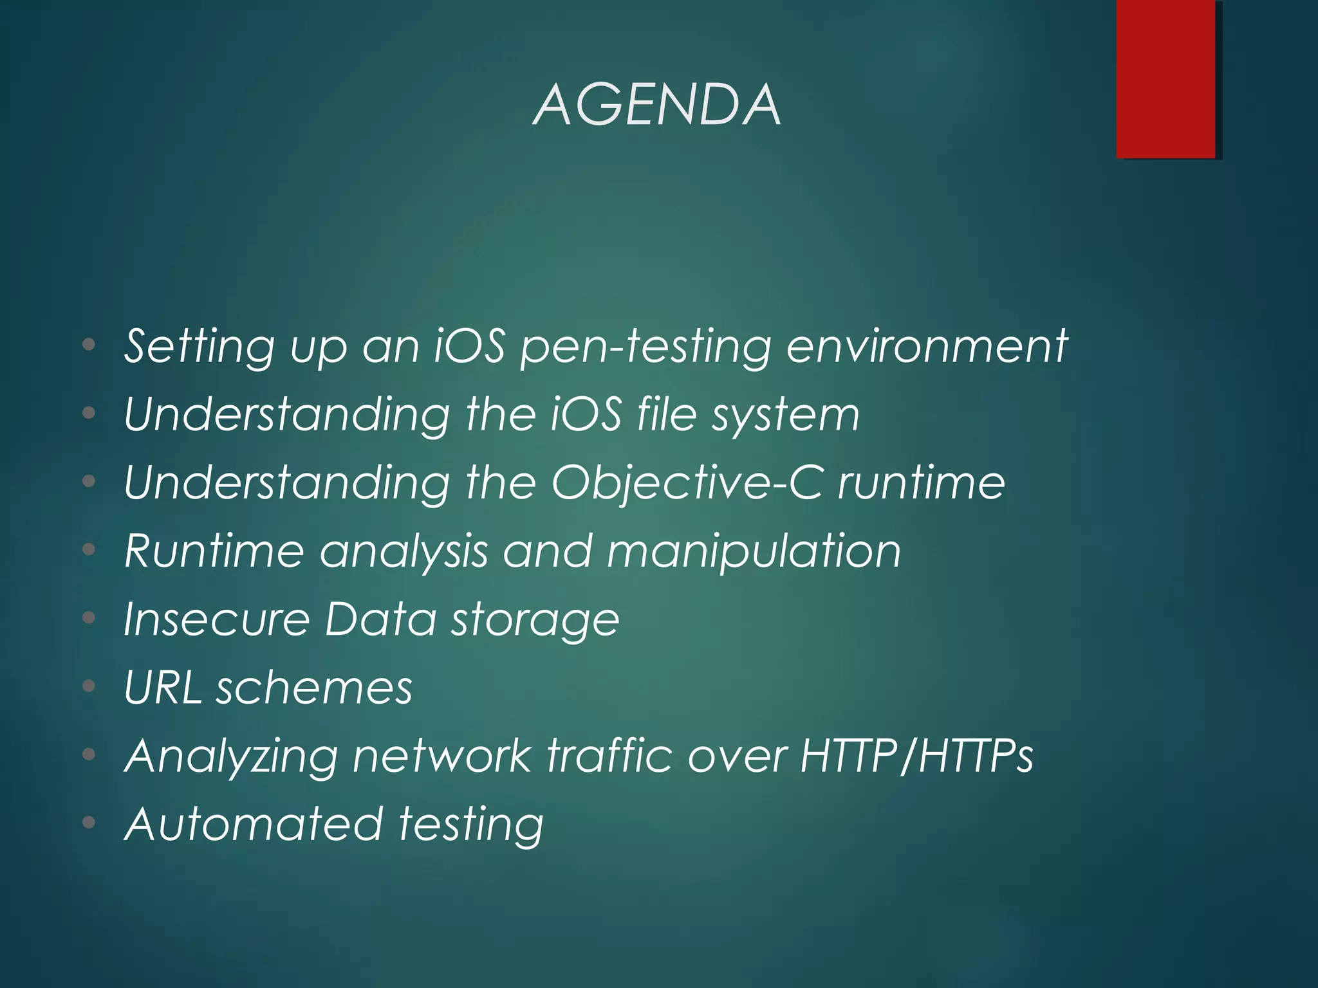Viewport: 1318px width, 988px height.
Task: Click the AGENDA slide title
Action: [x=657, y=105]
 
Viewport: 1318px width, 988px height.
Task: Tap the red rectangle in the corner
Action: [x=1165, y=78]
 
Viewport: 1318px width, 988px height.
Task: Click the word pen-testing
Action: [x=645, y=347]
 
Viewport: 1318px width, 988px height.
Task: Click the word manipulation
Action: [x=754, y=552]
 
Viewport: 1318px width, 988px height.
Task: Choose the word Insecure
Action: [x=216, y=619]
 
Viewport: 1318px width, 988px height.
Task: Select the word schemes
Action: [x=314, y=688]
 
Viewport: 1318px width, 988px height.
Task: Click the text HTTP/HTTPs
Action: [x=916, y=756]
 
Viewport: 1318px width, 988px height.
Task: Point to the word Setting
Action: [x=200, y=347]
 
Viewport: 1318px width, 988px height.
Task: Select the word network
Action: [x=442, y=756]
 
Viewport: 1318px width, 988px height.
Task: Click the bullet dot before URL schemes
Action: [x=89, y=686]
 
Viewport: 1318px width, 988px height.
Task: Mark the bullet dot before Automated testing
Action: [x=89, y=822]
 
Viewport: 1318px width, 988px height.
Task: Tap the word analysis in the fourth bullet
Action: [x=404, y=552]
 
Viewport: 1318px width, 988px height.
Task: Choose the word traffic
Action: [x=609, y=756]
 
